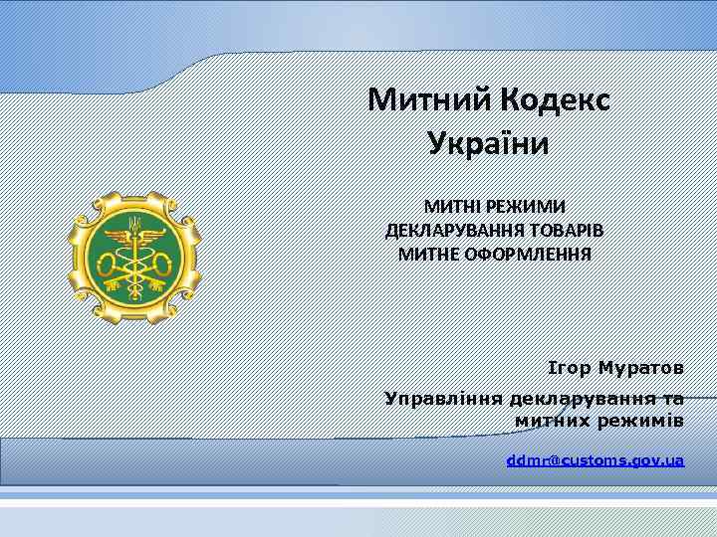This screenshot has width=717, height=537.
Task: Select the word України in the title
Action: (x=488, y=143)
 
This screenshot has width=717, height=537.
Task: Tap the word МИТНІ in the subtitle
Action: (x=450, y=206)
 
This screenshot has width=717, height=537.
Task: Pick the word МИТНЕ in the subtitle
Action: (x=428, y=254)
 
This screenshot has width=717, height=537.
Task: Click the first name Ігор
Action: (x=570, y=368)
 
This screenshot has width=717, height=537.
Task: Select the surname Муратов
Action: (x=641, y=368)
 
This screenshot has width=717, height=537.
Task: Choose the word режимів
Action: (x=641, y=422)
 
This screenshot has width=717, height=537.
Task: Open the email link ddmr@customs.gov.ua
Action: (x=595, y=460)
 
